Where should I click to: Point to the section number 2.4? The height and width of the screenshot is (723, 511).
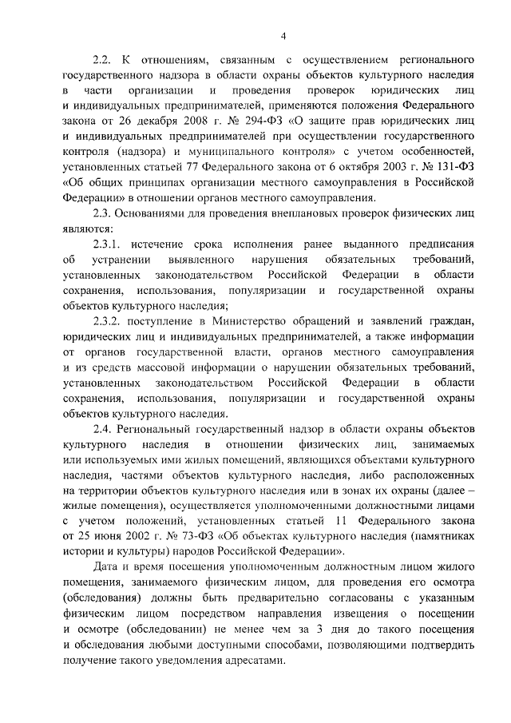(101, 428)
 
